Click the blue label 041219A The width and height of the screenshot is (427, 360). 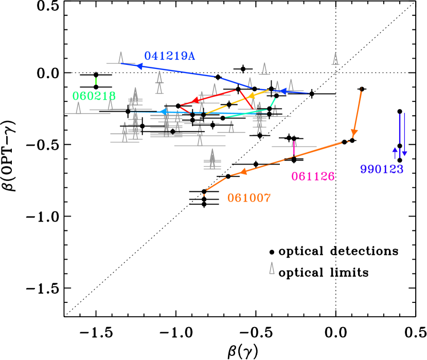[x=169, y=56]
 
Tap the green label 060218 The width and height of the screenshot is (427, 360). [x=94, y=96]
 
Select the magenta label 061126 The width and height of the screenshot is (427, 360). [x=313, y=176]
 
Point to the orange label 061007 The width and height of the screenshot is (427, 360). [x=249, y=198]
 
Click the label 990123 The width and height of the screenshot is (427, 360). [x=382, y=169]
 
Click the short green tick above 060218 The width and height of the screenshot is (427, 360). [x=96, y=81]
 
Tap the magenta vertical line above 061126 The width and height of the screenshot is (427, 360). [x=294, y=148]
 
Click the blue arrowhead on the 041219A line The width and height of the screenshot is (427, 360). [x=139, y=66]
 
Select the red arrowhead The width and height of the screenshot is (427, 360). [x=195, y=101]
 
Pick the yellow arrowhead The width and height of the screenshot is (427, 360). [x=251, y=96]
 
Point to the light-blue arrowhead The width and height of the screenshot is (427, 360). [x=163, y=112]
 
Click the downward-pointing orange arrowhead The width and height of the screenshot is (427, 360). [x=354, y=133]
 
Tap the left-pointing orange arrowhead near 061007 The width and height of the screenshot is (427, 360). [x=243, y=172]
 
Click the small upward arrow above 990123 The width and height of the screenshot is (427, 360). [x=395, y=151]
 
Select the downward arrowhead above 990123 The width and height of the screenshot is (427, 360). [x=404, y=153]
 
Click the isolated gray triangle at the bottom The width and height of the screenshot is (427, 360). [x=272, y=268]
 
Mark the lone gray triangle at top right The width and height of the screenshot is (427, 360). [x=335, y=59]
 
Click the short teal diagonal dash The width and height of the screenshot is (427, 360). [x=273, y=102]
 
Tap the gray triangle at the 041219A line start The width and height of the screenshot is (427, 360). [x=121, y=58]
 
